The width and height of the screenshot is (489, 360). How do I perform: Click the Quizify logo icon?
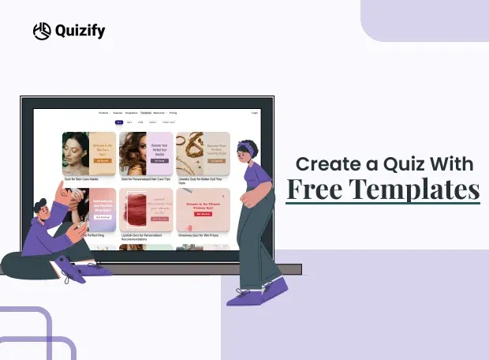click(41, 31)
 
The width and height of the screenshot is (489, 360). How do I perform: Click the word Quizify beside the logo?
click(79, 32)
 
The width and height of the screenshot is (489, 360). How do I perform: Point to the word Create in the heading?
click(319, 163)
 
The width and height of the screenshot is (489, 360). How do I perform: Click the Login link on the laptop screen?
click(255, 113)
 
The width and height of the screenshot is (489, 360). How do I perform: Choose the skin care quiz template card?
click(88, 153)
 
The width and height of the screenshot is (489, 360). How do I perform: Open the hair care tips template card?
click(145, 153)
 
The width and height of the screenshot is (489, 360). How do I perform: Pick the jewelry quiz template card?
click(203, 153)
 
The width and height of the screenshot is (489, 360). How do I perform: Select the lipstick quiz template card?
click(145, 208)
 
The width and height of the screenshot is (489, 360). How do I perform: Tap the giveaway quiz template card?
click(203, 208)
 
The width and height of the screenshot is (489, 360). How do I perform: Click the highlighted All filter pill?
click(119, 122)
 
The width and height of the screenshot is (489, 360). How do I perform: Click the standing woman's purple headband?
click(246, 148)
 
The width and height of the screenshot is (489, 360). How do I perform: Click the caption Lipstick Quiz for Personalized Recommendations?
click(145, 236)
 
